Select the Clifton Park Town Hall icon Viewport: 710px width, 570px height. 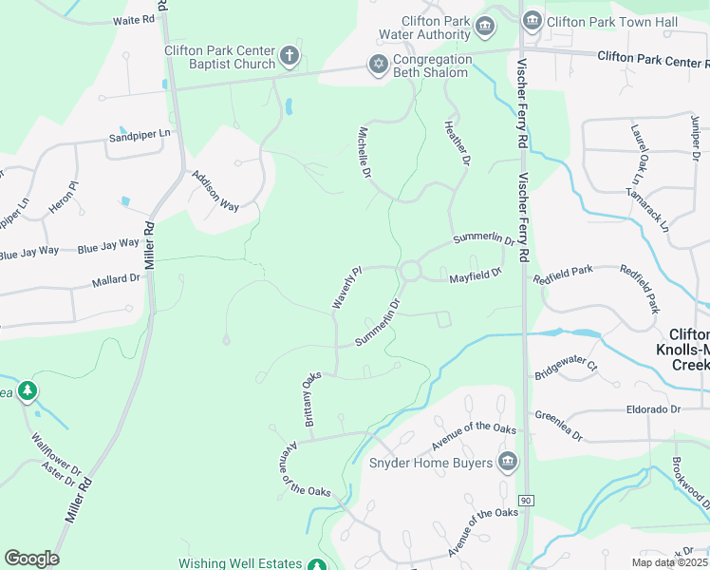532,20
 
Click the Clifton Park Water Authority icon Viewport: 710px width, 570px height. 486,26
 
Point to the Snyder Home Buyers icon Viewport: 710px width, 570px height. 508,462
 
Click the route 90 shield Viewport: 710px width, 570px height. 525,500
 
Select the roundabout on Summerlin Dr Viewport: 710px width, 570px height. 410,272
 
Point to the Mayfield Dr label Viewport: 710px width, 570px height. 474,276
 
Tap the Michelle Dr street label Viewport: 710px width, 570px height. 364,153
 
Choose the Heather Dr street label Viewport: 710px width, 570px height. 458,143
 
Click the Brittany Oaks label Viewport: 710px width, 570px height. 312,399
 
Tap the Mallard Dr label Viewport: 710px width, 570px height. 116,280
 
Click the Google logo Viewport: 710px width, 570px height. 31,558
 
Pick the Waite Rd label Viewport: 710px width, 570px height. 133,20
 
